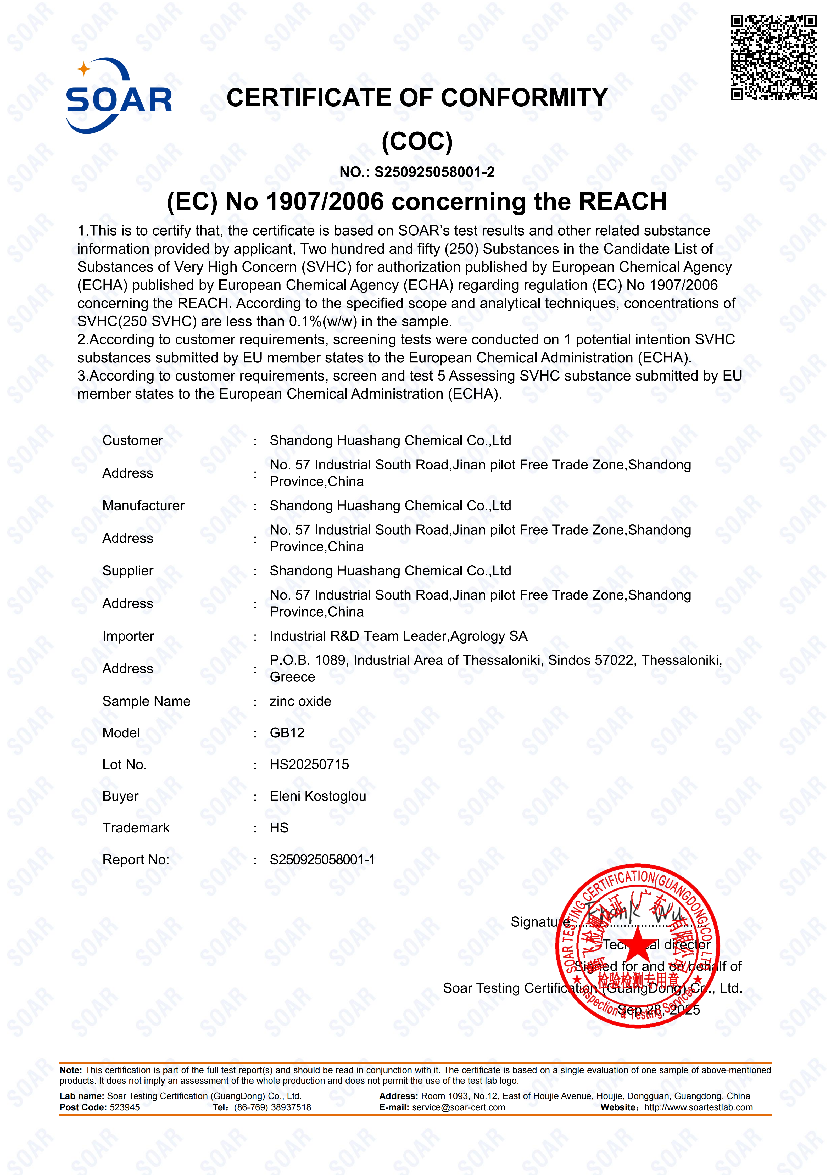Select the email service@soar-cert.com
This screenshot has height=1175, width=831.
pos(459,1107)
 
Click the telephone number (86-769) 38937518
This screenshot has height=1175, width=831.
pos(272,1107)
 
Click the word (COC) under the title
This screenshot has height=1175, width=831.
pos(417,142)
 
